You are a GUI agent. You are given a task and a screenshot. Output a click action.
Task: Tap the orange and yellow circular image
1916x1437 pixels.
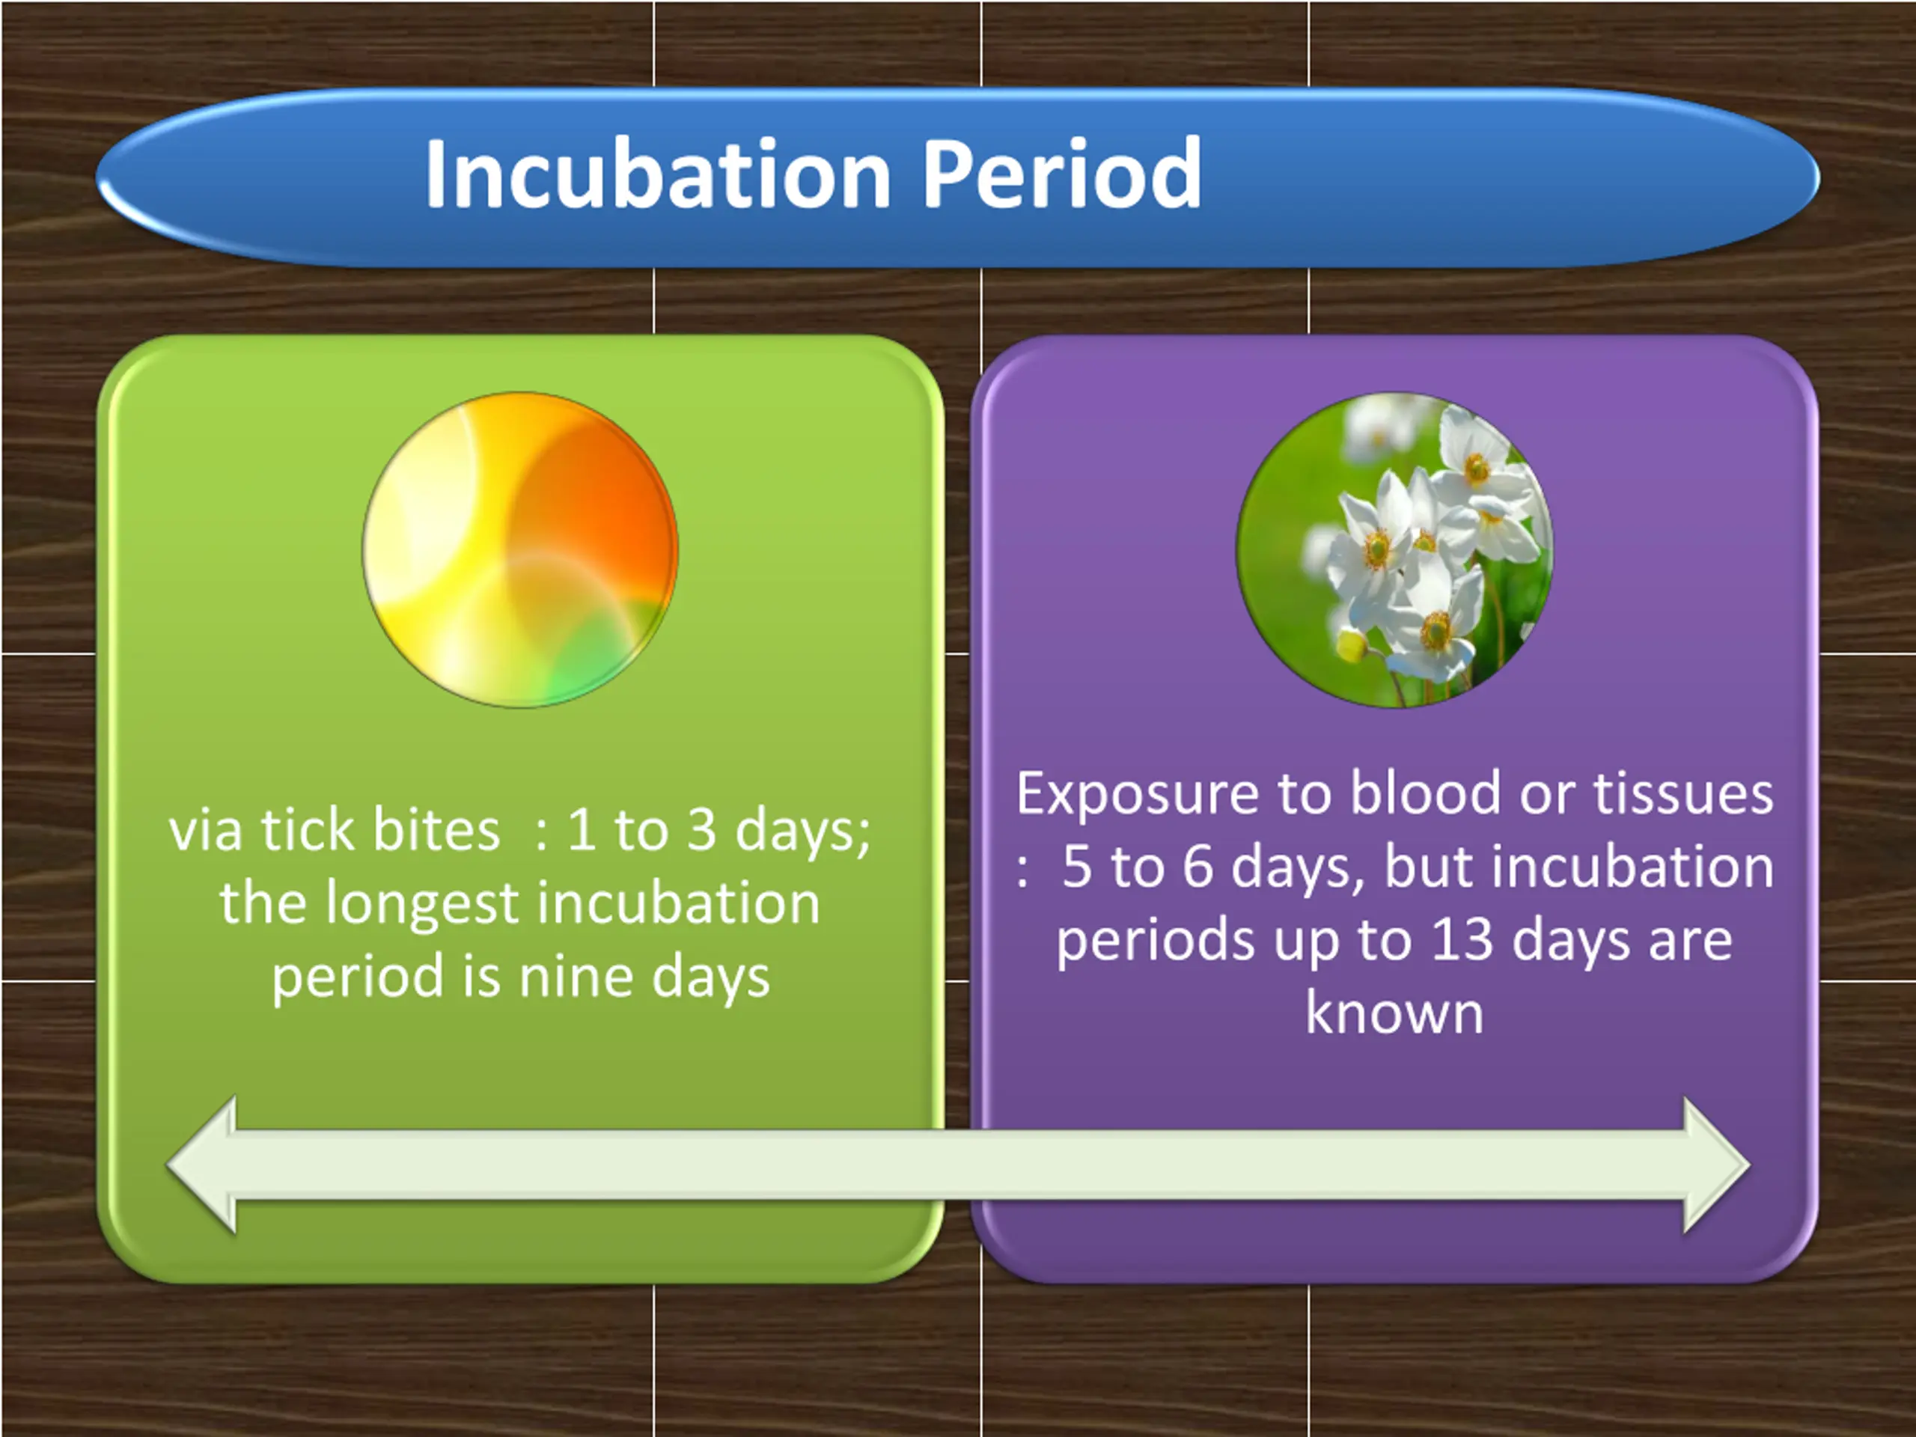pos(519,550)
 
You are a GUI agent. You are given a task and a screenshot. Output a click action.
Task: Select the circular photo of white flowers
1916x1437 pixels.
pos(1394,550)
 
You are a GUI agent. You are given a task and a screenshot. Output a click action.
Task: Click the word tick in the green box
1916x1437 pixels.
pos(308,830)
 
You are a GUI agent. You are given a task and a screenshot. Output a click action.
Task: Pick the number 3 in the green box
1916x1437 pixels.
pos(701,830)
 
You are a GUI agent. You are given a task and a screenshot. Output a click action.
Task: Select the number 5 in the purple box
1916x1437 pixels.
pos(1077,867)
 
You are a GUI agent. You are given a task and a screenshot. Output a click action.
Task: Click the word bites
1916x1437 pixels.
pos(436,830)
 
